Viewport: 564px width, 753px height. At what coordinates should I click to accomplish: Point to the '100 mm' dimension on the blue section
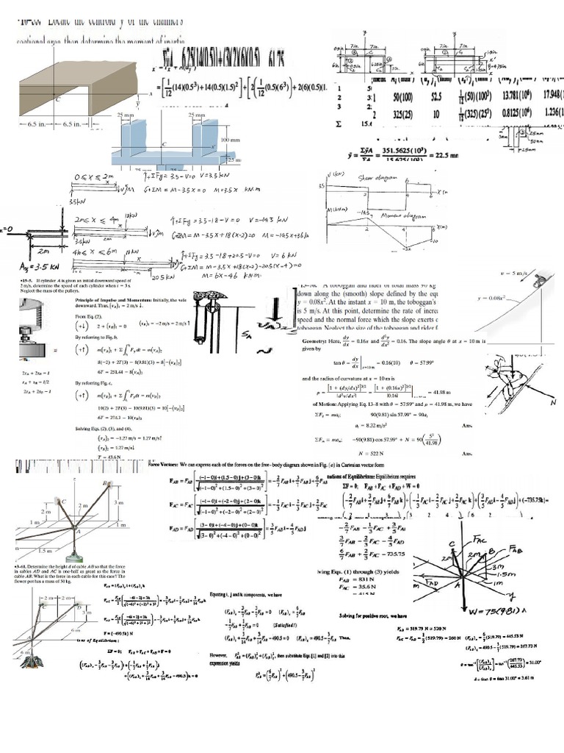coord(234,139)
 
